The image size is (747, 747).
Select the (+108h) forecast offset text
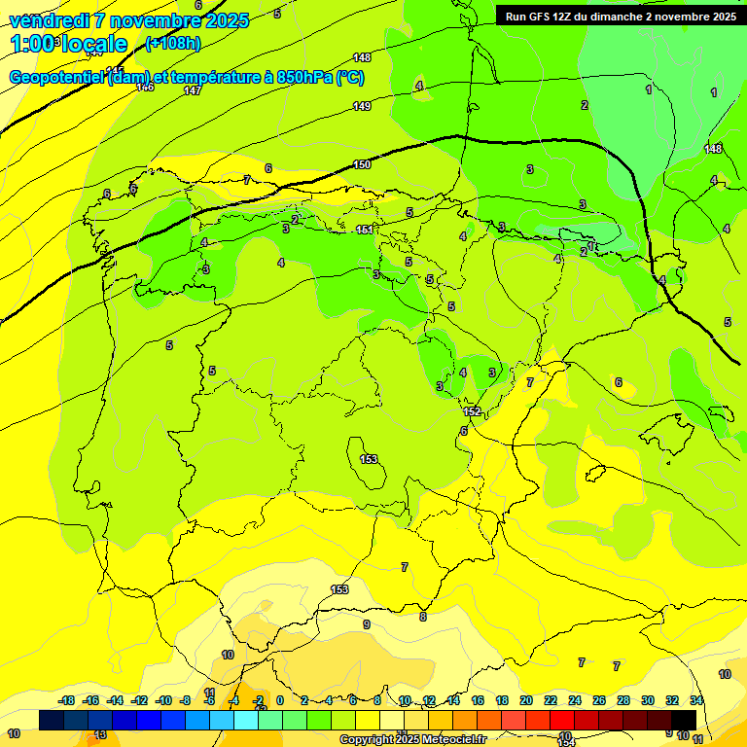(172, 43)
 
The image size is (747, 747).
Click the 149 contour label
(362, 106)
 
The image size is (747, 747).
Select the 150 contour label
(362, 165)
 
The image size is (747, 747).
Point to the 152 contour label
(471, 411)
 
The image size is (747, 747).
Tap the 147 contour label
(193, 90)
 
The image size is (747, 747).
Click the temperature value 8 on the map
(423, 617)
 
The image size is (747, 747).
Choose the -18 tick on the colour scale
(66, 700)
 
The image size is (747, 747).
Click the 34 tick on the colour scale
(696, 700)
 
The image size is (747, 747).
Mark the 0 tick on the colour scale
(280, 700)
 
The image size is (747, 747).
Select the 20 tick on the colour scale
(526, 700)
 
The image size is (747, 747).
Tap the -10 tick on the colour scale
(163, 700)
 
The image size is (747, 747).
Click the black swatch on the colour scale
(684, 720)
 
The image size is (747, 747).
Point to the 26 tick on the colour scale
(599, 700)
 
